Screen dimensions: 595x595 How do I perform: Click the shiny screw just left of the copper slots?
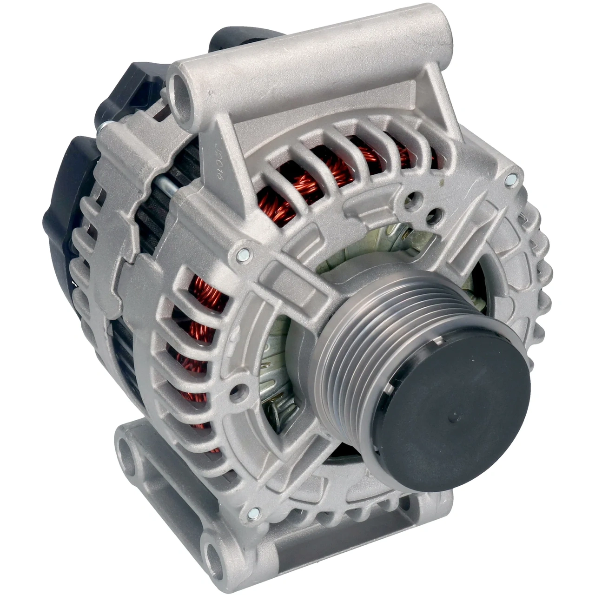point(242,254)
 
